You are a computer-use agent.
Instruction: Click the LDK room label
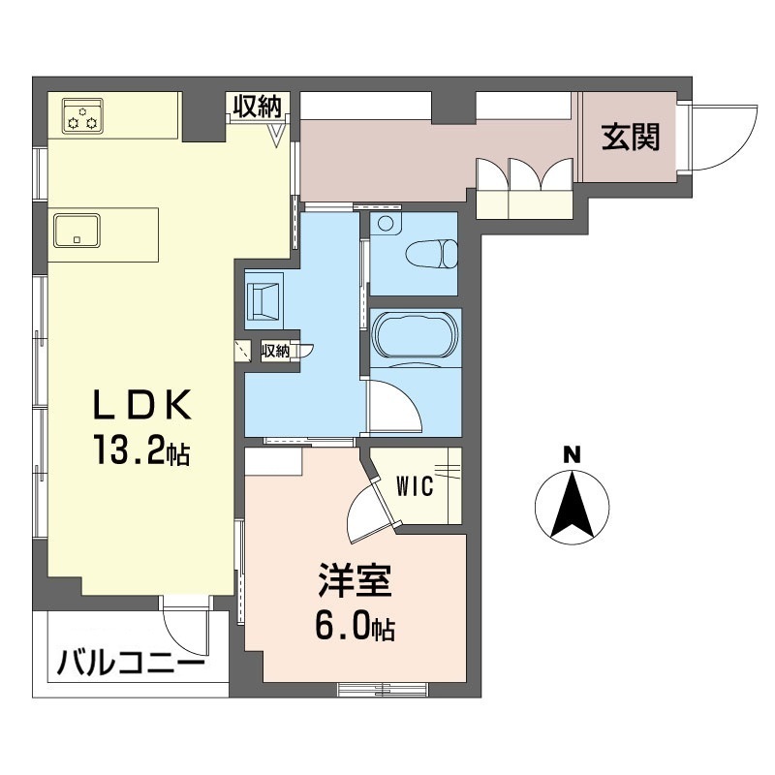click(142, 405)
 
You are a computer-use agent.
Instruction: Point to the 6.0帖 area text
click(355, 626)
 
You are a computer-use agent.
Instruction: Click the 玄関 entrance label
click(631, 137)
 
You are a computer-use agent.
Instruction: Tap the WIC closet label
click(416, 486)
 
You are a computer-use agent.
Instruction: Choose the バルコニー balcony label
click(130, 664)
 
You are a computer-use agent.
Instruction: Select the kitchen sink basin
click(77, 230)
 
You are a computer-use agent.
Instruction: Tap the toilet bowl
click(431, 254)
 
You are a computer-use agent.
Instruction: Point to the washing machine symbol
click(264, 300)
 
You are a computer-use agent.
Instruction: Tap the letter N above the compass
click(573, 454)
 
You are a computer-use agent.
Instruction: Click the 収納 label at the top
click(258, 106)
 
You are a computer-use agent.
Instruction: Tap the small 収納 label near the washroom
click(275, 351)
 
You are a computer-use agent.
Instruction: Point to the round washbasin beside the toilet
click(386, 223)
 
